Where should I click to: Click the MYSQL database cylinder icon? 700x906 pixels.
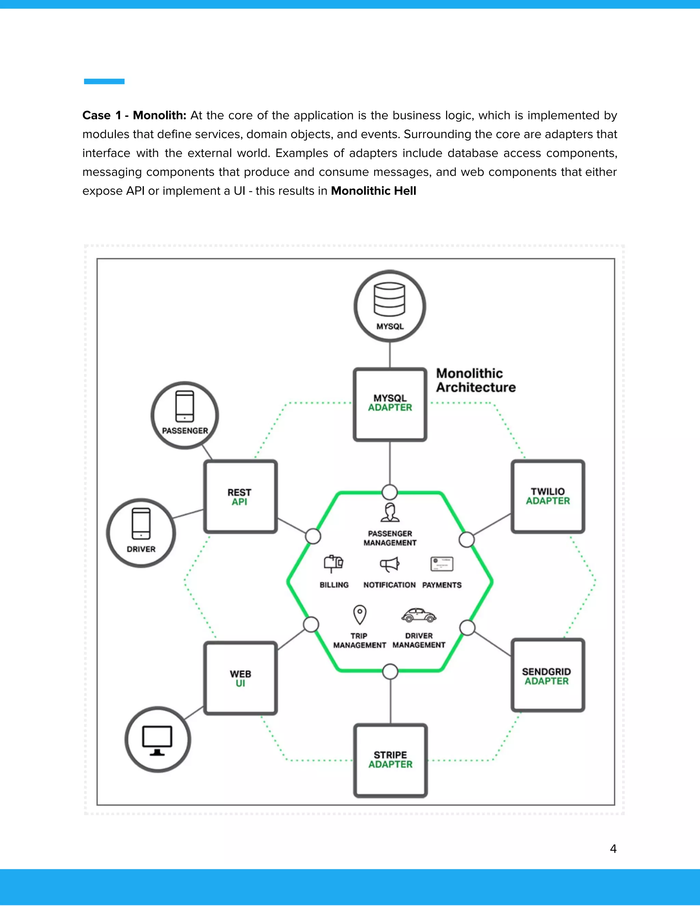pyautogui.click(x=389, y=299)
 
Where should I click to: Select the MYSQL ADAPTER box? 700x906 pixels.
pyautogui.click(x=390, y=404)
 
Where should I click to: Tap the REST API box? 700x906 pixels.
pyautogui.click(x=240, y=496)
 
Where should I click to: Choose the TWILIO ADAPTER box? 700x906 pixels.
pyautogui.click(x=548, y=496)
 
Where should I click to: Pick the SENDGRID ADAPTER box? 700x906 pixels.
pyautogui.click(x=548, y=675)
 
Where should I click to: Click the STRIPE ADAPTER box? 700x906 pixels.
pyautogui.click(x=390, y=760)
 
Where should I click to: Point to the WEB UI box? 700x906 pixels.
pyautogui.click(x=240, y=678)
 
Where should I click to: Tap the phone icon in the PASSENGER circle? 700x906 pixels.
pyautogui.click(x=185, y=406)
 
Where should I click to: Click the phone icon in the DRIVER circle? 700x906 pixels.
pyautogui.click(x=141, y=523)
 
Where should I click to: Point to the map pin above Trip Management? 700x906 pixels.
pyautogui.click(x=360, y=614)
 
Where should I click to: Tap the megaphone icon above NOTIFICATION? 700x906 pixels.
pyautogui.click(x=389, y=564)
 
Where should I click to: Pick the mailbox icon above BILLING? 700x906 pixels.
pyautogui.click(x=333, y=563)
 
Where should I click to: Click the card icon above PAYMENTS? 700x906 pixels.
pyautogui.click(x=442, y=564)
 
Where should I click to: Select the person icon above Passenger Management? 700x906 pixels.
pyautogui.click(x=390, y=512)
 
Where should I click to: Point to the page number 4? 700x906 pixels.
pyautogui.click(x=613, y=849)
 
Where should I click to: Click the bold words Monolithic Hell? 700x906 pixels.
pyautogui.click(x=373, y=191)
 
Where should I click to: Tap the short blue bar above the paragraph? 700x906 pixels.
pyautogui.click(x=104, y=81)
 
